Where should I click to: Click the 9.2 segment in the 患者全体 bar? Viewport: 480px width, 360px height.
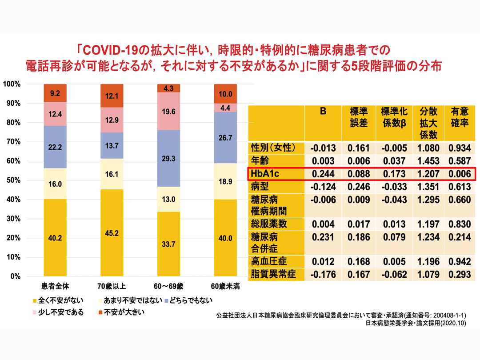[55, 93]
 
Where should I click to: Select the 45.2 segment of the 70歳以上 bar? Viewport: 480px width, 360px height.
[112, 233]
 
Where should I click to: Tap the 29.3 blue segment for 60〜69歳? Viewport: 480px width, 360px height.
[169, 158]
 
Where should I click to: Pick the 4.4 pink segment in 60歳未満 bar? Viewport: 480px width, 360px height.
[226, 107]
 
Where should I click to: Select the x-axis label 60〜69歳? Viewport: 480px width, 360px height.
[169, 285]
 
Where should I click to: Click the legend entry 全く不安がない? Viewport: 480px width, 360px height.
[57, 301]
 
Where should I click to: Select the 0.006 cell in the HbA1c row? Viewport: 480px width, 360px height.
[460, 174]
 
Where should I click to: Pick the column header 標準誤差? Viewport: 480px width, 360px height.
[357, 117]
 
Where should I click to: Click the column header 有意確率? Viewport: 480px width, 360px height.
[460, 117]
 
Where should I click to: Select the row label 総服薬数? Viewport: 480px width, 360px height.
[270, 224]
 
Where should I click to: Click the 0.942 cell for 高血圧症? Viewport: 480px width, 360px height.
[460, 261]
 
